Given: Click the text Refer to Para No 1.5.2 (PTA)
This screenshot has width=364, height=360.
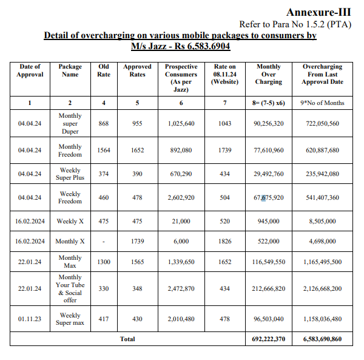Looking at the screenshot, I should tap(295, 24).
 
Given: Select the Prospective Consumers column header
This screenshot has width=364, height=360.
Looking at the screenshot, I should tap(181, 78).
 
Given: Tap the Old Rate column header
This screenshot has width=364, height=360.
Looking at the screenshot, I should tap(104, 70).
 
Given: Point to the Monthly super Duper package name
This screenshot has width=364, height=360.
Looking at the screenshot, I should tap(70, 123).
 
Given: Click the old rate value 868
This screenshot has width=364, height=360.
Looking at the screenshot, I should tap(104, 123).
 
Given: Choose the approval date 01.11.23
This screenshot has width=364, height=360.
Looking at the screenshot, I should tap(30, 319).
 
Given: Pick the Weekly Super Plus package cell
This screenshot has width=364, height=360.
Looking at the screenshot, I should tap(70, 174).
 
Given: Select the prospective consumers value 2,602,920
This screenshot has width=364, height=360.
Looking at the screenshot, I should tap(181, 197).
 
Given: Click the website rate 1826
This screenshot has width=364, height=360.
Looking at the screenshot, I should tap(224, 241).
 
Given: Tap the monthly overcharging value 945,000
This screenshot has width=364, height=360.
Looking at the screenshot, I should tap(269, 221).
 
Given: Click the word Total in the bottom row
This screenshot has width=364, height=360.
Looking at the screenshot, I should tap(127, 339).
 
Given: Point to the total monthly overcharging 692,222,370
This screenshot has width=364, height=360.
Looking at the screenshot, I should tap(269, 339).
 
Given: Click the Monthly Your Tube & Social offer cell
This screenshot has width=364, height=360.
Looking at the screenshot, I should tap(70, 288).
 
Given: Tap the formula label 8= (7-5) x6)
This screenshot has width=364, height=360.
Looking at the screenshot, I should tap(269, 103).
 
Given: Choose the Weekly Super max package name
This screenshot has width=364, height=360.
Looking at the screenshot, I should tap(70, 319).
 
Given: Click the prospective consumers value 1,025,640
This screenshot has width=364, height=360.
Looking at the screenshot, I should tap(181, 123).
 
